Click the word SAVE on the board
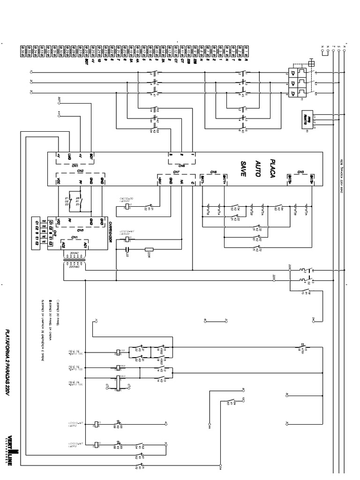(x=243, y=169)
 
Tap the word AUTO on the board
(x=257, y=169)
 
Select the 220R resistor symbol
(x=150, y=249)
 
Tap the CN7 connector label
(x=176, y=172)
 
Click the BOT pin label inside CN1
(x=91, y=155)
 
